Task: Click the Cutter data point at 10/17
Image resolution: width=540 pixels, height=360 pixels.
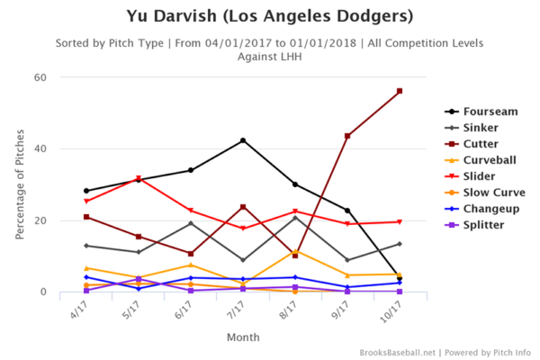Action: coord(399,91)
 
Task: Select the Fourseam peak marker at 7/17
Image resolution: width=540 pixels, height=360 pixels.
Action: coord(243,140)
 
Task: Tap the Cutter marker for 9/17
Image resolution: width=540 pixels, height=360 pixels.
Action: coord(347,136)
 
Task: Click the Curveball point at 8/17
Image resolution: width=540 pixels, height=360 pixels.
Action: coord(295,251)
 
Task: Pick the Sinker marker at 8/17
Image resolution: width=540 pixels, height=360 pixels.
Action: coord(295,218)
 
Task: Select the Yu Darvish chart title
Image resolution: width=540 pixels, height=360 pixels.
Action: coord(269,16)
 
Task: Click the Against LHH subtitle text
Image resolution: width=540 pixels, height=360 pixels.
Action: coord(269,56)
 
